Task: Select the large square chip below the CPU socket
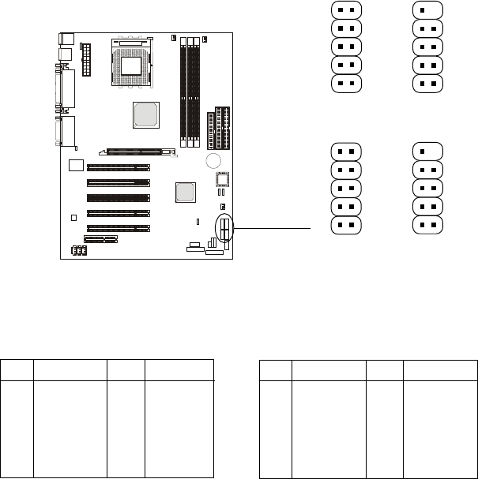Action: (x=145, y=114)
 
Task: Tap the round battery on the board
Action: (x=212, y=161)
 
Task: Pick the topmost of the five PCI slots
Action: (x=118, y=167)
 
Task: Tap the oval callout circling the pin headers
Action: (x=226, y=230)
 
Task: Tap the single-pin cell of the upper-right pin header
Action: (x=426, y=9)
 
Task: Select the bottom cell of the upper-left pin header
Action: (x=344, y=83)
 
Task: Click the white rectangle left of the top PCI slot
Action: (x=76, y=165)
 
